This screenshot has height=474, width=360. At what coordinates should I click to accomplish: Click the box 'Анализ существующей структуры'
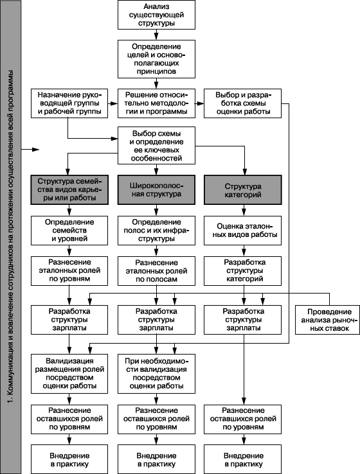click(156, 15)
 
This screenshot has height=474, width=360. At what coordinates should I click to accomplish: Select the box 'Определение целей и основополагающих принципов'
click(156, 59)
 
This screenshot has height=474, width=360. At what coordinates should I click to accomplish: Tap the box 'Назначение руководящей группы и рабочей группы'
click(69, 103)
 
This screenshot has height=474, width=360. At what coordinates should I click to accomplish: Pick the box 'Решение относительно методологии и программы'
click(156, 103)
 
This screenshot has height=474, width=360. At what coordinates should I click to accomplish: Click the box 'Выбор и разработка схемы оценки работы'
click(242, 103)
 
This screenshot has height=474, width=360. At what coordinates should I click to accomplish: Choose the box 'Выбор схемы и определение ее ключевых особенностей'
click(156, 146)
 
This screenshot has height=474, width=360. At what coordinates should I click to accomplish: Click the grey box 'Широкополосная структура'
click(156, 190)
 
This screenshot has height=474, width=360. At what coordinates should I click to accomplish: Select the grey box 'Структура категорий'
click(243, 190)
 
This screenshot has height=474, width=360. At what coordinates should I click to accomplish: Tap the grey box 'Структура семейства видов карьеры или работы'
click(69, 190)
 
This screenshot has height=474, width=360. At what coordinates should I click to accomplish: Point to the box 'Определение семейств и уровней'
click(69, 231)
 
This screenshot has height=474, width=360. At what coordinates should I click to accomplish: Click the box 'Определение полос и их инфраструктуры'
click(156, 231)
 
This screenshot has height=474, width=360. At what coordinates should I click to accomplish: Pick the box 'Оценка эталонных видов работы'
click(242, 231)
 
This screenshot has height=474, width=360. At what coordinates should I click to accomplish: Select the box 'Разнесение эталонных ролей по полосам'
click(156, 271)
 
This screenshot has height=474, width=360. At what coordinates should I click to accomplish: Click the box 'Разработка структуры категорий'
click(242, 271)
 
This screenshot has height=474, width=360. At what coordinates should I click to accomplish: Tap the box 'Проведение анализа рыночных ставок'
click(327, 320)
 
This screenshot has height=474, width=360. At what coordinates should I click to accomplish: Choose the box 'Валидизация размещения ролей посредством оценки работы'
click(69, 374)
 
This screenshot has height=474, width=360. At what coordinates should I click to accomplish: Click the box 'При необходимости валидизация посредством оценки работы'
click(156, 374)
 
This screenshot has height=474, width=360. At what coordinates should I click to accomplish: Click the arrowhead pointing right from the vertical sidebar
click(36, 150)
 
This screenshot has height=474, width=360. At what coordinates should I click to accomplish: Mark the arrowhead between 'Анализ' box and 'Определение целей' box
click(156, 37)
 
